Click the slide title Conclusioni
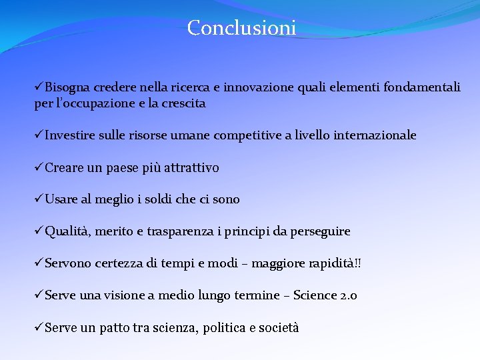(241, 28)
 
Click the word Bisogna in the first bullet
(67, 87)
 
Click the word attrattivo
(189, 167)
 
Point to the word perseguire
(319, 231)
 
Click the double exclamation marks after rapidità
(358, 263)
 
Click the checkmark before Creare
(39, 167)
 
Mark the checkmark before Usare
(39, 199)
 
